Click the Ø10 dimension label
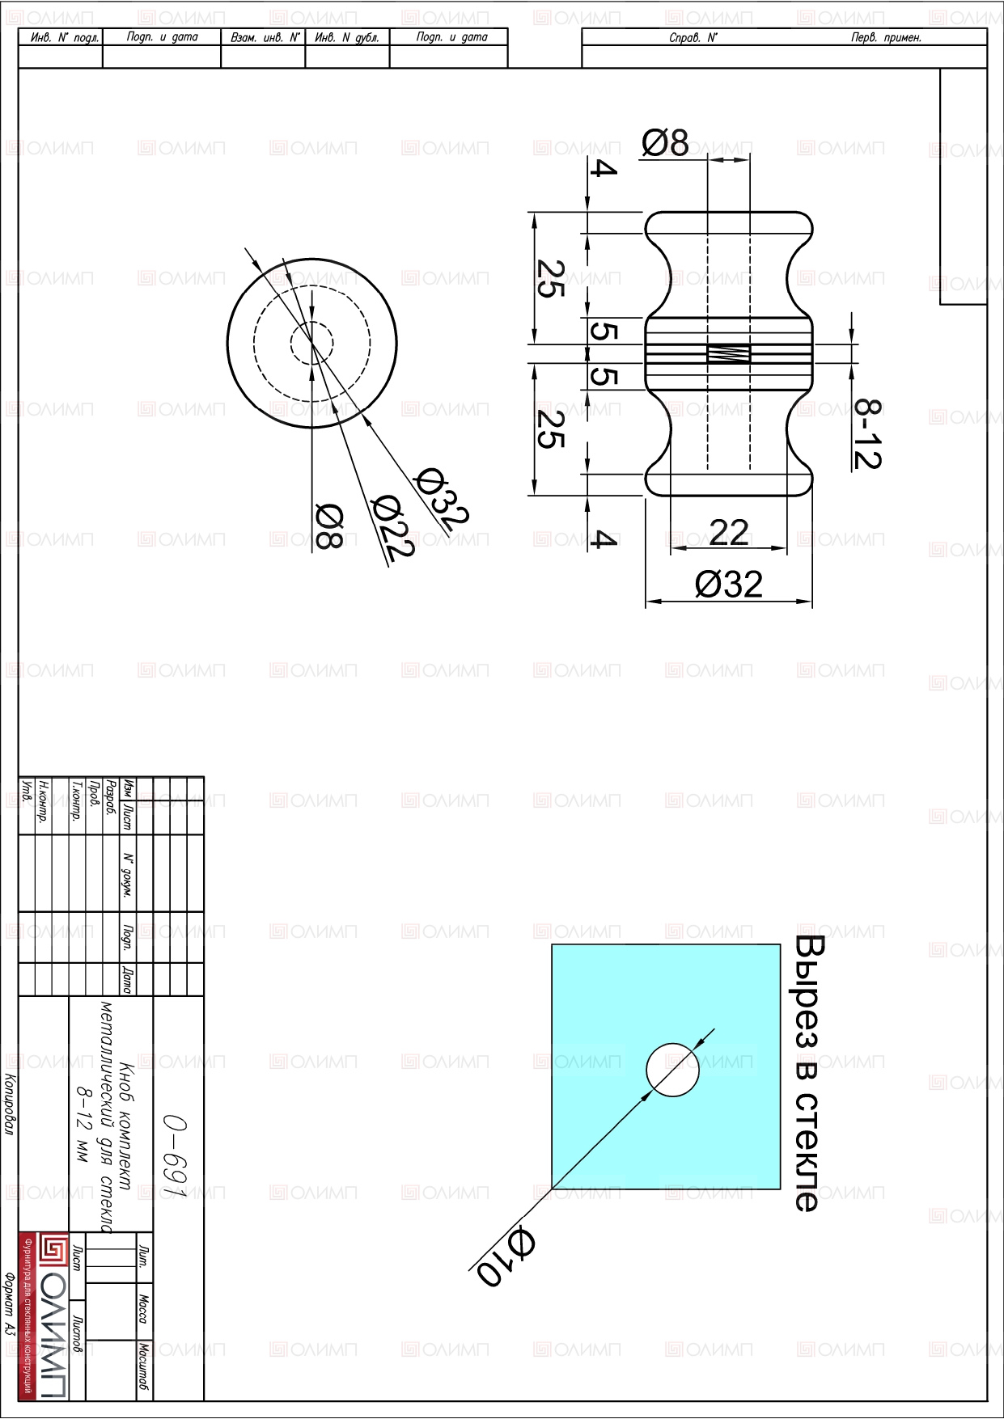[506, 1257]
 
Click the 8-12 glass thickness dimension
[867, 434]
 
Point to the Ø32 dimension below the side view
[728, 584]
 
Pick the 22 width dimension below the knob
[728, 532]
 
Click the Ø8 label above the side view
[665, 143]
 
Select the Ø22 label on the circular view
[392, 527]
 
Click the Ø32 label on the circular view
[441, 496]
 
